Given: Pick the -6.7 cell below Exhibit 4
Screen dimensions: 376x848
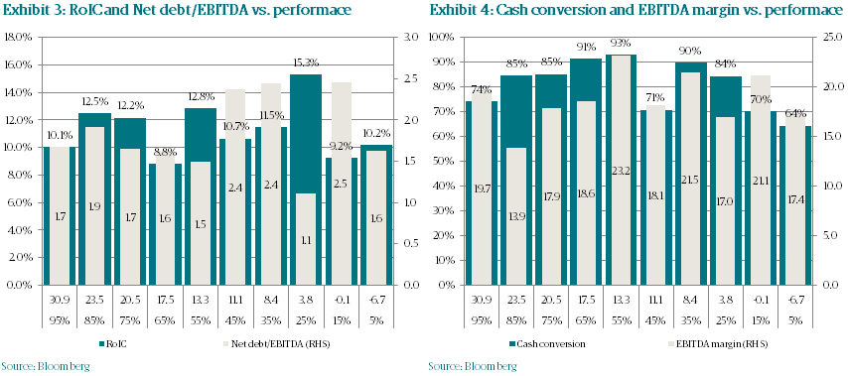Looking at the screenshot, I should point(797,298).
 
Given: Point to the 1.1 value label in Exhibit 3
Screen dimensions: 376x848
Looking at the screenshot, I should point(306,239).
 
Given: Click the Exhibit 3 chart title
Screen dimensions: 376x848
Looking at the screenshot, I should point(141,11).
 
